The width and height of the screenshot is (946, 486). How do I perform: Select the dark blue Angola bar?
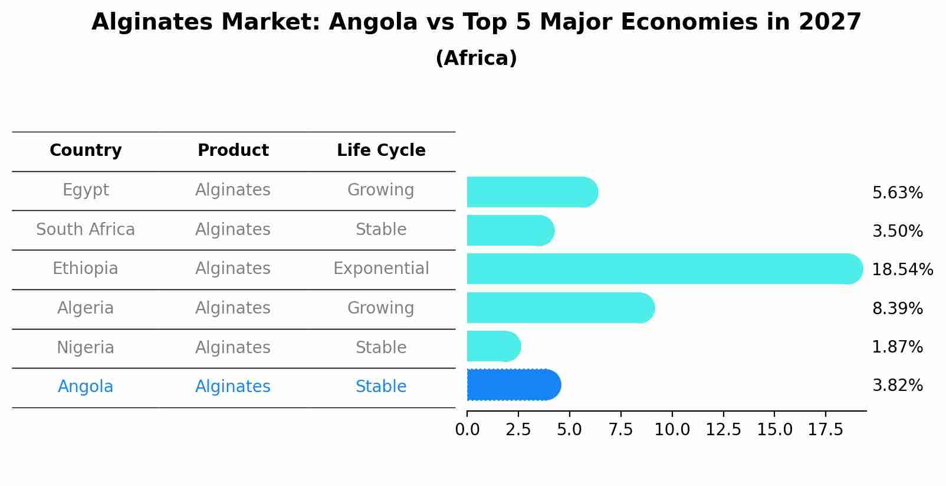[x=513, y=385]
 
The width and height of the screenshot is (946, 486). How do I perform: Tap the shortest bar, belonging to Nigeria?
[x=493, y=346]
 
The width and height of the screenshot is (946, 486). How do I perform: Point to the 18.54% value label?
[x=902, y=270]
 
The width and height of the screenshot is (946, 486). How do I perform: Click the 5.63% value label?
[x=897, y=193]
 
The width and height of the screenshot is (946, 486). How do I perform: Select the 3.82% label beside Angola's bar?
[x=897, y=386]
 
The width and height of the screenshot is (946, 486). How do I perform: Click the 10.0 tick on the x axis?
[x=672, y=430]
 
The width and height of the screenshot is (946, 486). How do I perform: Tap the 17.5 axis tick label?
[x=825, y=430]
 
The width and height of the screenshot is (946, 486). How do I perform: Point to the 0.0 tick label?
[x=467, y=430]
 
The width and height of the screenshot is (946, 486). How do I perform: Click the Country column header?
[x=86, y=151]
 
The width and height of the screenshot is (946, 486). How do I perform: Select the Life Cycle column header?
[x=381, y=151]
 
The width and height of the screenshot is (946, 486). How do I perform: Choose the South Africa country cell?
[x=86, y=230]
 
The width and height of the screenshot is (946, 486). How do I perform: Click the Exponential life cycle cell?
[x=381, y=269]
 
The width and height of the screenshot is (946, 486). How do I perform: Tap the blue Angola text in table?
[x=86, y=387]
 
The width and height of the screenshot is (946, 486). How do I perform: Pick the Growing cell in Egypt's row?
[x=381, y=190]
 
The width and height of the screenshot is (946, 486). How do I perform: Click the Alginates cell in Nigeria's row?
[x=233, y=348]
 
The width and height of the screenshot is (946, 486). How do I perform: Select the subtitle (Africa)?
[x=476, y=58]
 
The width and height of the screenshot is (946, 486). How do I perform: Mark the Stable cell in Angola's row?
[x=381, y=387]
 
